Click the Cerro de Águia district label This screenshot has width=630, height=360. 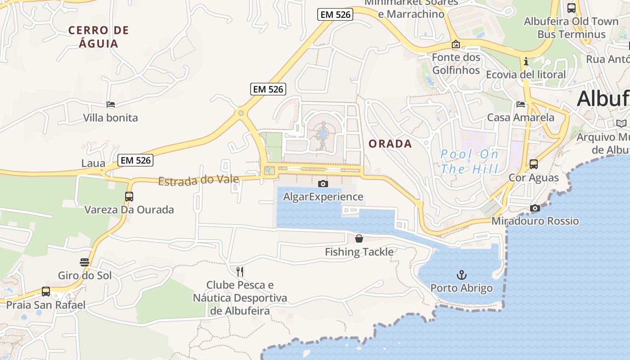pos(99,37)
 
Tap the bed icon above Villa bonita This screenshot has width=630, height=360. pos(111,104)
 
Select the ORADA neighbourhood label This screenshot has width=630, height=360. pos(390,144)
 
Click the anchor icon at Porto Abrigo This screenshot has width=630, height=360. pos(461,274)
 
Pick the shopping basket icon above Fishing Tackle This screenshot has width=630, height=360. pos(359,238)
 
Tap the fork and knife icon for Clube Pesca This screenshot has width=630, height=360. pos(240,271)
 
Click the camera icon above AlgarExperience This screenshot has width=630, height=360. pos(323,184)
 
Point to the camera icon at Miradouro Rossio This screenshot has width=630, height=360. pos(535,208)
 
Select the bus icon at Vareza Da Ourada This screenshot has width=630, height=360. pos(129,197)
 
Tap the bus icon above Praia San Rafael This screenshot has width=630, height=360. pos(46,292)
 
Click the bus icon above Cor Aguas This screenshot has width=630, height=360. pos(534,164)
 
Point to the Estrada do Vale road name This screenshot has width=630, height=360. pos(198,180)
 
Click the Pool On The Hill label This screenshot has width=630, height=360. pos(470,162)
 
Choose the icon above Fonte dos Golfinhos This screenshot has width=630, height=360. pos(456,44)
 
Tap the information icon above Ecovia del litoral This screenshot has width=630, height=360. pos(526,61)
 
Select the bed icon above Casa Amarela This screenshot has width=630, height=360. pos(521,104)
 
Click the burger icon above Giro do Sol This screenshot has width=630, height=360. pos(85,262)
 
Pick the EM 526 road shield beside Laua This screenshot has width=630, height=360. pos(135,160)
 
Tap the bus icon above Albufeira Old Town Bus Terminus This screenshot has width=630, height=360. pos(571,8)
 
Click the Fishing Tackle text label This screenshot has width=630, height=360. pos(359,252)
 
